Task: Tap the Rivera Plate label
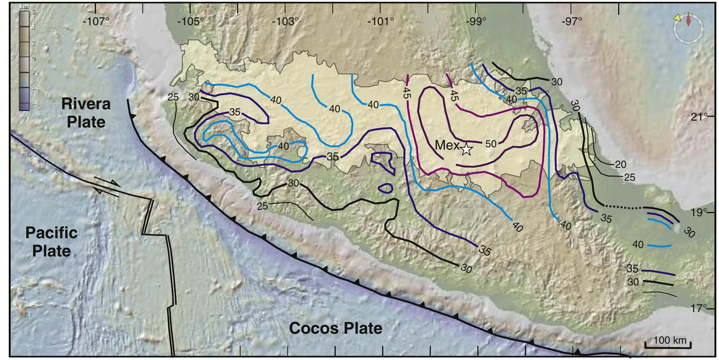tap(86, 113)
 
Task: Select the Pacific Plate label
tap(51, 242)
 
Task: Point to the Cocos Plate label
tap(335, 328)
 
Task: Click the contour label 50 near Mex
tap(491, 143)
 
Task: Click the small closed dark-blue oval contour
tap(386, 188)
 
